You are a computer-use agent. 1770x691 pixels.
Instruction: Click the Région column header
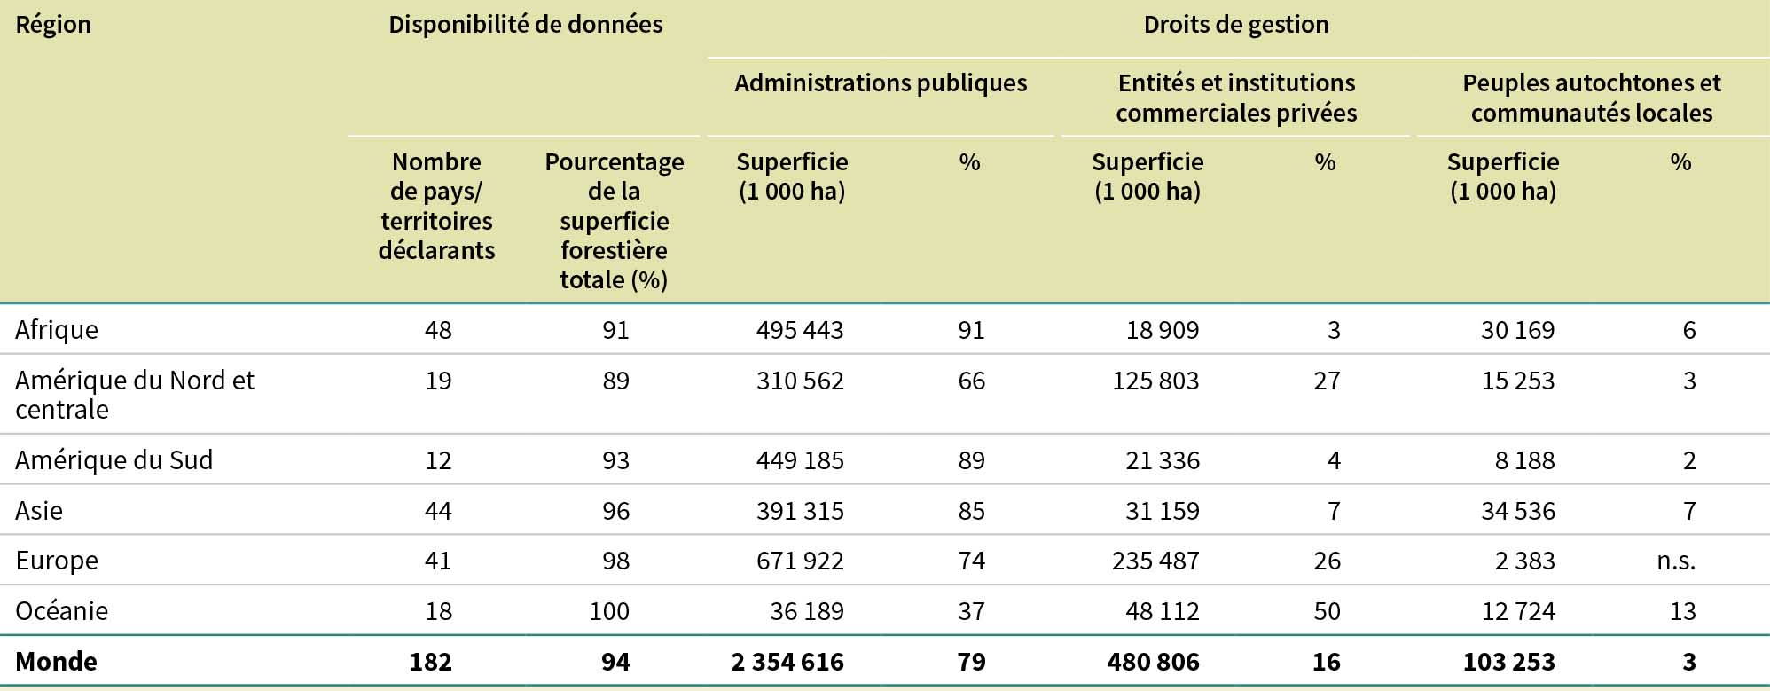click(x=53, y=25)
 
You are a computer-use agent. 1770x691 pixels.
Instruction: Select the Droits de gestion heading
click(x=1235, y=25)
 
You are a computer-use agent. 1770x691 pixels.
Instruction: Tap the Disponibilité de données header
click(x=525, y=25)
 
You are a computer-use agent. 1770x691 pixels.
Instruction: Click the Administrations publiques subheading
click(x=881, y=83)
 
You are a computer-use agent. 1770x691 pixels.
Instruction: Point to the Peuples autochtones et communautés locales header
click(x=1591, y=98)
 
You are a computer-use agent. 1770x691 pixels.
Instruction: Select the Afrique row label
click(x=57, y=330)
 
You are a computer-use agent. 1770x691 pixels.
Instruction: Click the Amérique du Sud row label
click(x=114, y=460)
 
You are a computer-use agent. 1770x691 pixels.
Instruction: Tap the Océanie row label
click(x=62, y=611)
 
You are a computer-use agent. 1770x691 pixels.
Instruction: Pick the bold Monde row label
click(x=57, y=662)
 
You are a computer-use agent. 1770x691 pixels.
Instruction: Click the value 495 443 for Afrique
click(x=800, y=330)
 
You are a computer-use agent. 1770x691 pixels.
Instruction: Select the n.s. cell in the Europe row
click(x=1676, y=561)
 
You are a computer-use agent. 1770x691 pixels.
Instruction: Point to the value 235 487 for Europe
click(x=1155, y=561)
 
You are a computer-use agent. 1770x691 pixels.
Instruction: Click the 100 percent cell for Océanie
click(x=609, y=611)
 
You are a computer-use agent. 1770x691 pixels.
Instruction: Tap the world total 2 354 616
click(x=787, y=662)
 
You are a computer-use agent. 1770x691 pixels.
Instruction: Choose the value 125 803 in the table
click(x=1155, y=381)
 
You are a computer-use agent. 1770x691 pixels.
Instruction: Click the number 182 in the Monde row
click(x=431, y=662)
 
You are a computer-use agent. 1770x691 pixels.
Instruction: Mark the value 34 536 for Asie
click(x=1517, y=511)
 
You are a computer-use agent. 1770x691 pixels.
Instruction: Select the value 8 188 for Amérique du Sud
click(x=1525, y=460)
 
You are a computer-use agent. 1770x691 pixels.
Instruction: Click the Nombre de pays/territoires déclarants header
click(x=436, y=206)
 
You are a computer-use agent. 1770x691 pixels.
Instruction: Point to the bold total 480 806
click(x=1153, y=662)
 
